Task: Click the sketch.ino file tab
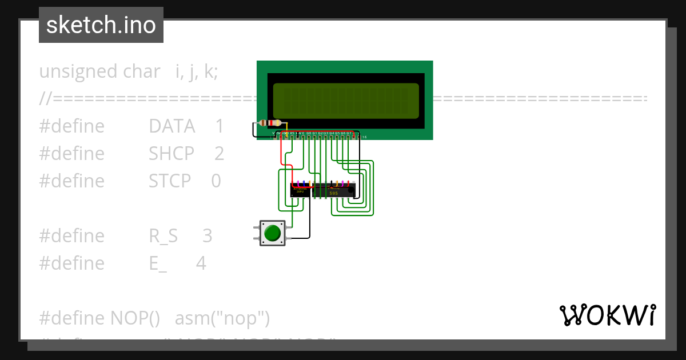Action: tap(101, 25)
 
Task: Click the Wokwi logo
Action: tap(607, 315)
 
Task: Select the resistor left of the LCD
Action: tap(270, 123)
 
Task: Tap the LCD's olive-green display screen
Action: tap(346, 101)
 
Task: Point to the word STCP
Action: tap(170, 181)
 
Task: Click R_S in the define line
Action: tap(163, 236)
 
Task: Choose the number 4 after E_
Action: tap(201, 263)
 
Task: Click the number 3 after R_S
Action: tap(207, 236)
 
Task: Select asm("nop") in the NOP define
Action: tap(222, 318)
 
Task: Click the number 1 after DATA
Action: tap(220, 126)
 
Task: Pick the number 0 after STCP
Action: tap(216, 181)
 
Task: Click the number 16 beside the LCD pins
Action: tap(364, 138)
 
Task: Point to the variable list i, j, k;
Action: tap(196, 71)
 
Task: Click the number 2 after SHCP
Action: tap(220, 154)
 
